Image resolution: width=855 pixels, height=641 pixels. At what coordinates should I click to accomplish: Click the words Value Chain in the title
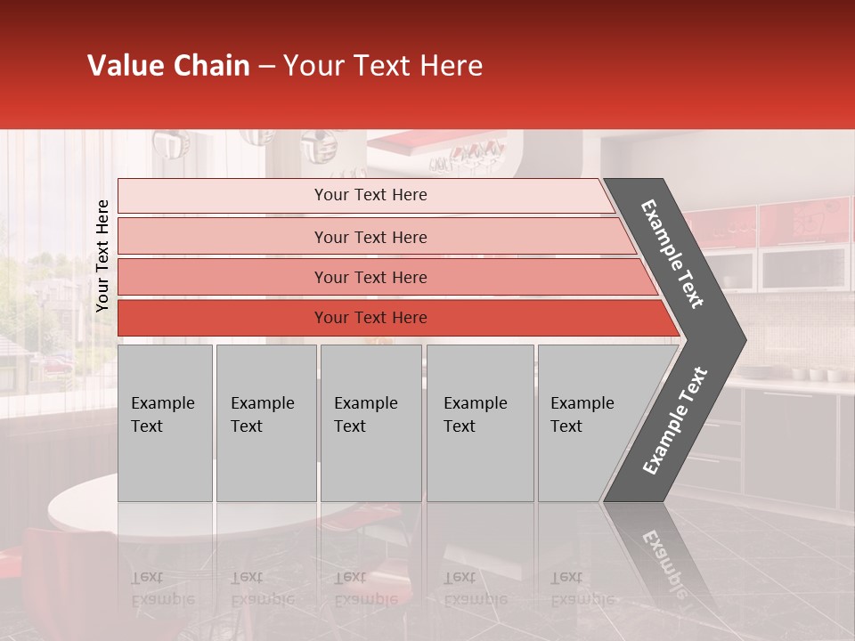point(168,66)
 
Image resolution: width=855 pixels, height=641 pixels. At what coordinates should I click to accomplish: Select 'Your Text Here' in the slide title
point(383,66)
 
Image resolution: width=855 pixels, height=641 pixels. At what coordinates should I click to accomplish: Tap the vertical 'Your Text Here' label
point(102,256)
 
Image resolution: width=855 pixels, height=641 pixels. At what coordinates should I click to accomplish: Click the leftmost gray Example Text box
point(165,423)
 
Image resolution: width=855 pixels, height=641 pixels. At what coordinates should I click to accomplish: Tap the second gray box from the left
point(265,423)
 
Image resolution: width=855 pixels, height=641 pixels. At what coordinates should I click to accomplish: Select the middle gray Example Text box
point(370,423)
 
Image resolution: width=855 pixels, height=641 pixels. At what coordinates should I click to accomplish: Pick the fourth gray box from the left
point(479,423)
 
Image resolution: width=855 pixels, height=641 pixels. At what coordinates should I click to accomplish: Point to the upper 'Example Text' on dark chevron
point(672,254)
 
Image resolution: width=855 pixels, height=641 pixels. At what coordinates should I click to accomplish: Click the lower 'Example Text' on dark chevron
point(675,420)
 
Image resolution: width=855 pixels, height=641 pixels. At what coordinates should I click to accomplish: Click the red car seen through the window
point(60,364)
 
